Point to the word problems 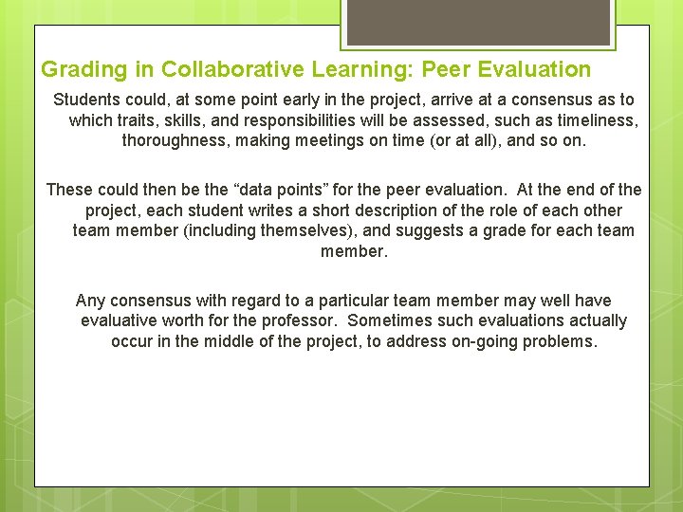coord(561,341)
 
